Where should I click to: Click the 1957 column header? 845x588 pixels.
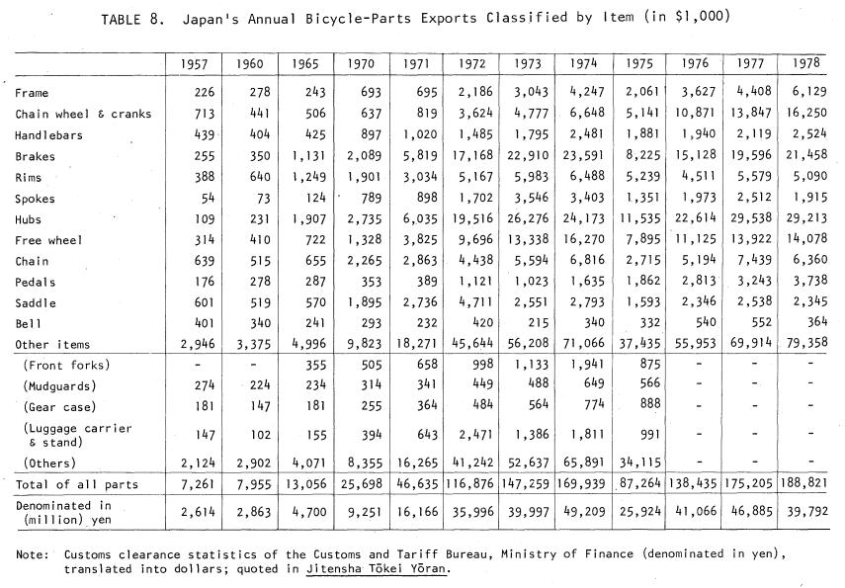coord(194,64)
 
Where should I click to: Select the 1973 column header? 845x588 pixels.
coord(528,63)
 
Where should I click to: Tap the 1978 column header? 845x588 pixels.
coord(806,62)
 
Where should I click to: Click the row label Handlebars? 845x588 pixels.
coord(48,135)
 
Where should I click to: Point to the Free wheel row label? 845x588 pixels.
coord(48,240)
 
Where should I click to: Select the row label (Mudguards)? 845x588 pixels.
coord(60,386)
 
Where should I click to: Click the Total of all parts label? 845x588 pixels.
coord(76,484)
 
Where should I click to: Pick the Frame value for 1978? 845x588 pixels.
coord(809,91)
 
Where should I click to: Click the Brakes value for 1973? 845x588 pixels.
coord(528,155)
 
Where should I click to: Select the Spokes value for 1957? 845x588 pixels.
coord(207,198)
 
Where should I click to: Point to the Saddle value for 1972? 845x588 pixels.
coord(475,301)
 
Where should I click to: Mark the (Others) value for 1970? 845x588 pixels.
coord(365,462)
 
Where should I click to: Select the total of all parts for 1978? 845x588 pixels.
coord(803,482)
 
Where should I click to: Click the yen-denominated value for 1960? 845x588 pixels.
coord(253,512)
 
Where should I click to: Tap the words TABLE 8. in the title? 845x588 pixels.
coord(132,20)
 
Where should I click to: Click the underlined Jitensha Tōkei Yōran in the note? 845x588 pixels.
coord(377,568)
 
